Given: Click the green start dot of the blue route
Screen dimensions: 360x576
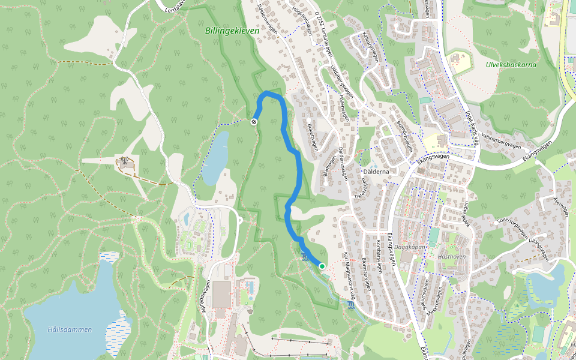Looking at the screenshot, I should click(322, 266).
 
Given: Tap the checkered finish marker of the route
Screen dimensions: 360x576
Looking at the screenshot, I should click(254, 122).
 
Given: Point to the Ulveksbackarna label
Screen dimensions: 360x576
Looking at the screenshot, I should click(511, 64).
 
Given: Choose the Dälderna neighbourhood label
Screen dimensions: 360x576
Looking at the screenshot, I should click(376, 172).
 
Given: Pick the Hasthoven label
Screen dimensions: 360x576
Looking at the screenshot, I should click(452, 256).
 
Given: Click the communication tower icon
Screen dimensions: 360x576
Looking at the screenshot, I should click(125, 161).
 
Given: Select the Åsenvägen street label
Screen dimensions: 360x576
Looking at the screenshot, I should click(561, 207).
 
